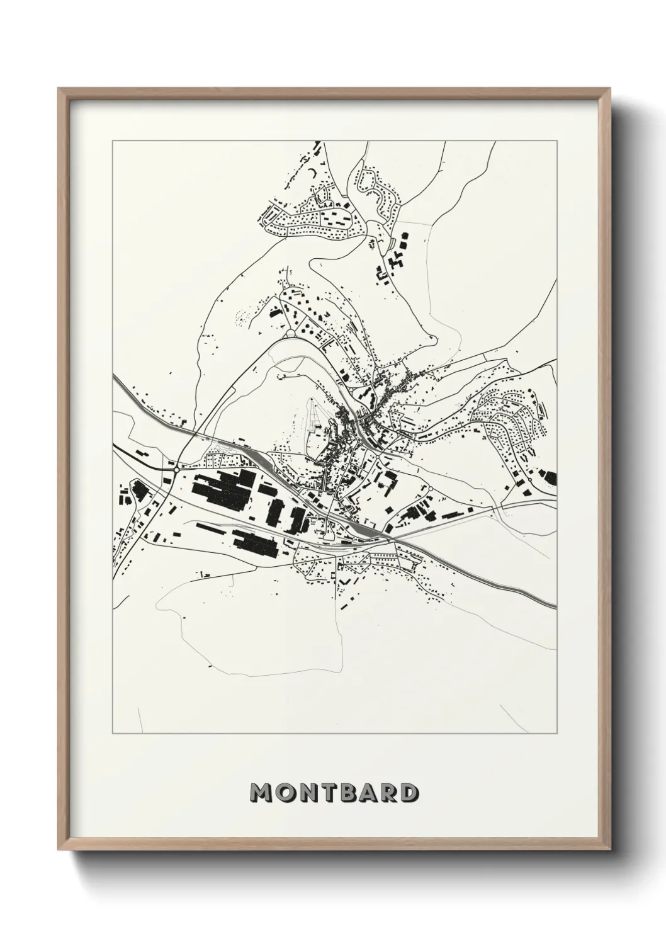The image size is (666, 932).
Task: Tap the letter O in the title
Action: click(x=286, y=793)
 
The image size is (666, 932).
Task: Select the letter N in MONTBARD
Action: click(x=308, y=793)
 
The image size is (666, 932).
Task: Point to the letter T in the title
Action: click(x=329, y=793)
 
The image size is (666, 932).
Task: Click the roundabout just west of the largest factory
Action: click(x=177, y=469)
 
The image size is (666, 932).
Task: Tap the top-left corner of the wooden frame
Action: click(x=59, y=88)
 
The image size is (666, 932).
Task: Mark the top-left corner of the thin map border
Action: click(x=113, y=141)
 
